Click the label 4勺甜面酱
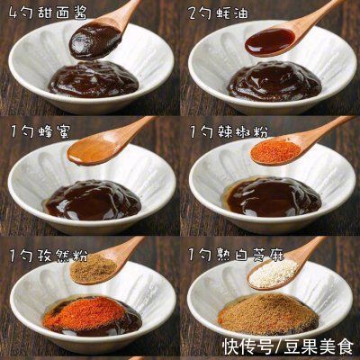[x=43, y=13]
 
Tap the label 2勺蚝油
[x=219, y=13]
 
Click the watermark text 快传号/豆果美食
[x=290, y=344]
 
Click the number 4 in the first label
[x=13, y=13]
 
